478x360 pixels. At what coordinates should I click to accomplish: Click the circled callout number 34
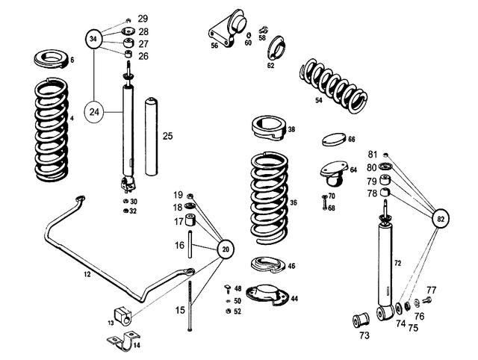pyautogui.click(x=94, y=38)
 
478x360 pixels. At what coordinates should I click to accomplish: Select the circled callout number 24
pyautogui.click(x=94, y=112)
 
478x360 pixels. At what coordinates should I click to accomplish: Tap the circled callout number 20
pyautogui.click(x=226, y=249)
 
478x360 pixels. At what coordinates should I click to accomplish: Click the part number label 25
pyautogui.click(x=168, y=136)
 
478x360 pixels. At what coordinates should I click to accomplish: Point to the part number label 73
pyautogui.click(x=364, y=336)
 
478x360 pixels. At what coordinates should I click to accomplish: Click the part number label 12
pyautogui.click(x=87, y=276)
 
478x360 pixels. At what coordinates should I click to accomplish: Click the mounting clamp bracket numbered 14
pyautogui.click(x=122, y=342)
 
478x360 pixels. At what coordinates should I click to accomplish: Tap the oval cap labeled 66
pyautogui.click(x=334, y=140)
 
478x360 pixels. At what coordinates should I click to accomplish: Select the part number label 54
pyautogui.click(x=319, y=99)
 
